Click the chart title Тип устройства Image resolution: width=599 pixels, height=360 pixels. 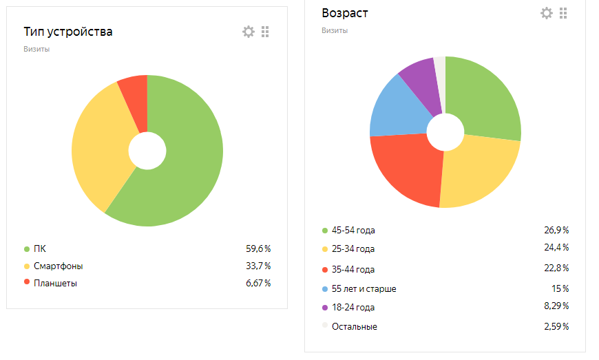(x=68, y=32)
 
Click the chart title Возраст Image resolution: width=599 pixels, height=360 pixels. (x=344, y=13)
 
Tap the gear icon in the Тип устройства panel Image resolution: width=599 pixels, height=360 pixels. (x=249, y=32)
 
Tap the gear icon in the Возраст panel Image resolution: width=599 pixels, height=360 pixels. (x=547, y=13)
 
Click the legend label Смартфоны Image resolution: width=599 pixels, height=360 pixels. (x=63, y=266)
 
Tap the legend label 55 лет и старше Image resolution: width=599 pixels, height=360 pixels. (x=364, y=288)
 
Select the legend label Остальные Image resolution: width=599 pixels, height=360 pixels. (x=354, y=326)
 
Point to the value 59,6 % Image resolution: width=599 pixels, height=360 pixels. (x=258, y=248)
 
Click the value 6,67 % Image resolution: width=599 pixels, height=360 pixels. (x=258, y=283)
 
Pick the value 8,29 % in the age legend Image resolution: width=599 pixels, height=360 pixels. (x=556, y=306)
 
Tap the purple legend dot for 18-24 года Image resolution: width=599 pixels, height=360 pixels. (x=325, y=307)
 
